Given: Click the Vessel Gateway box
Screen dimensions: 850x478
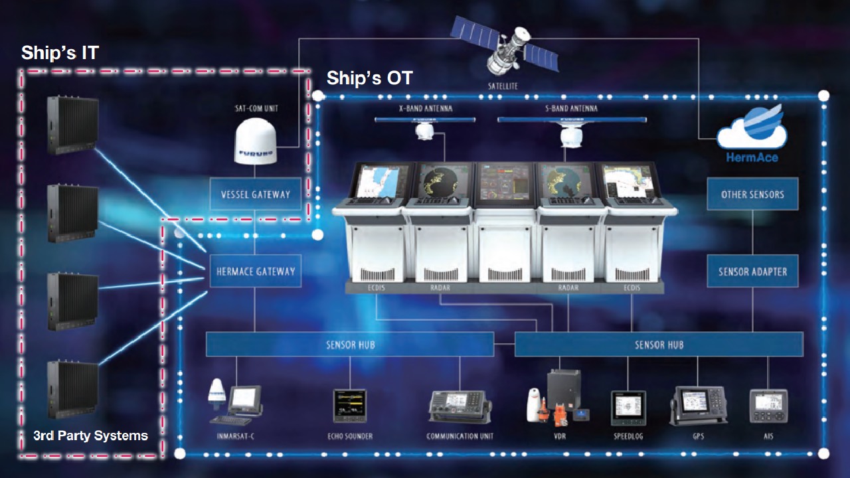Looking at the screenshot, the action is tap(256, 194).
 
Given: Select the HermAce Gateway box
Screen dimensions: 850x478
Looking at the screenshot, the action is tap(256, 271).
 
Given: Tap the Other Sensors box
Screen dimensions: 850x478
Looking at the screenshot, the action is tap(752, 194).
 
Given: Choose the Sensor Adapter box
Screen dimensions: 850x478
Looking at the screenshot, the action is tap(752, 271).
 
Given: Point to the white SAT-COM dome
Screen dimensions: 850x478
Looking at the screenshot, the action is tap(256, 141).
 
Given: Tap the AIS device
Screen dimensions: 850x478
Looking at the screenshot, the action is tap(768, 406).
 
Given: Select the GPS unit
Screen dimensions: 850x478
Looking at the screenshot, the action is tap(698, 405).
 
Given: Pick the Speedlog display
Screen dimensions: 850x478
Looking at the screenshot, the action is tap(628, 408).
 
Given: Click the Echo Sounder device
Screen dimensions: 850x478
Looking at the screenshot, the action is tap(349, 406).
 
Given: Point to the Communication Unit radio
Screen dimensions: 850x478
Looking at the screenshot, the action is tap(460, 408).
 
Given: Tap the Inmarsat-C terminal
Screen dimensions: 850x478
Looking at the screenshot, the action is tap(235, 402).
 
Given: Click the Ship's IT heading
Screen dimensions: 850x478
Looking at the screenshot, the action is tap(60, 52).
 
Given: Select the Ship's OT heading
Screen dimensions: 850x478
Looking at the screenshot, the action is tap(370, 78).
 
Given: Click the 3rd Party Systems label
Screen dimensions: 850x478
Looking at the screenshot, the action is tap(90, 435).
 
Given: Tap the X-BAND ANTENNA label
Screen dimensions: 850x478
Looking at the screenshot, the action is tap(426, 108).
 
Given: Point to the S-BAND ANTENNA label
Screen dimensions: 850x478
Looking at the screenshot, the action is tap(571, 108).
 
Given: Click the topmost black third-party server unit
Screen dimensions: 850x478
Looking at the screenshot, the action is tap(72, 125).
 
